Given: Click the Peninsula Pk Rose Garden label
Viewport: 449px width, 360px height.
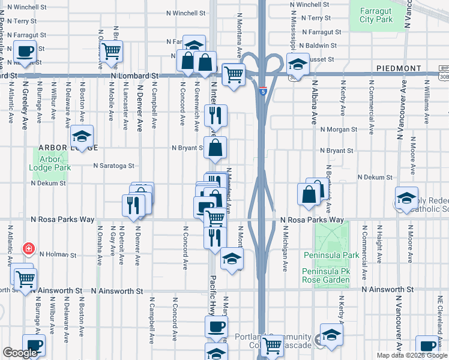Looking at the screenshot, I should [326, 275].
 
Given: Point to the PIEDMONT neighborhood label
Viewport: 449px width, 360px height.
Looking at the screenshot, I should [398, 69].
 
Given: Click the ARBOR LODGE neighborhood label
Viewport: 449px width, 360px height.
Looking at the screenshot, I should [59, 147].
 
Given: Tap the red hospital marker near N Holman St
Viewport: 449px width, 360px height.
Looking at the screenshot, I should [28, 248].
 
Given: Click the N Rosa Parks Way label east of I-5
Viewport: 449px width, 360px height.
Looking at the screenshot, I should [312, 220].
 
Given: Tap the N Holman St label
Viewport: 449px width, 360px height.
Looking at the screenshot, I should [58, 255].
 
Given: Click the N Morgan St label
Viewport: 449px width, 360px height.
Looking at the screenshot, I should [339, 129].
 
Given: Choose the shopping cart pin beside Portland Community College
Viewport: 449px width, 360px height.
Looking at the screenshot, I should [273, 344].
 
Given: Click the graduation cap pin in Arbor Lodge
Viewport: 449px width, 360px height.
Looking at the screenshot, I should [82, 136].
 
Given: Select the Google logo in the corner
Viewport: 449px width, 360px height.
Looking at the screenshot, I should [20, 353].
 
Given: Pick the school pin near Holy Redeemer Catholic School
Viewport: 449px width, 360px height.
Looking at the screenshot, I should [406, 199].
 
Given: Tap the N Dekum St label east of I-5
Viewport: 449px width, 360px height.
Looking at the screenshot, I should [375, 178].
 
